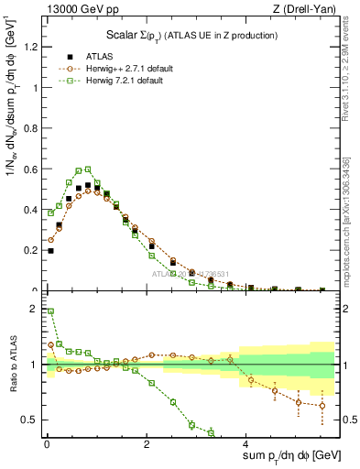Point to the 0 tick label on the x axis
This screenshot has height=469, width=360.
(x=47, y=444)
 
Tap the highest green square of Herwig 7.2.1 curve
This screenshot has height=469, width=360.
(x=88, y=169)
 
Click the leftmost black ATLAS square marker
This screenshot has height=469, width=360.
(x=50, y=250)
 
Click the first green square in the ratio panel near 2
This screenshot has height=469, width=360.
(x=50, y=311)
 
